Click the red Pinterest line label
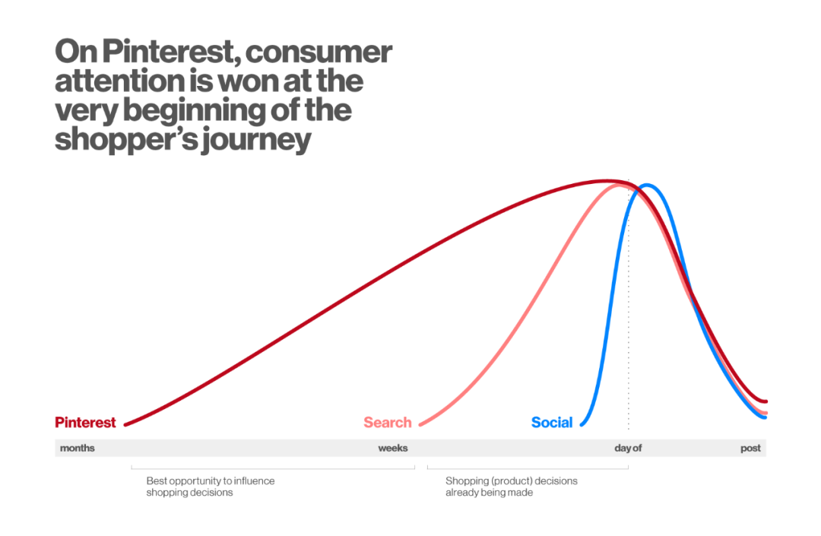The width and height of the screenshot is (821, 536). [x=85, y=423]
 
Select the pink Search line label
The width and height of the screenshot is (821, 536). [x=388, y=423]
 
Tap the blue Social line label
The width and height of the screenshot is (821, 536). [x=552, y=423]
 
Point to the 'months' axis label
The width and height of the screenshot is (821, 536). [x=78, y=448]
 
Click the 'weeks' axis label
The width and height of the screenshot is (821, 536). [x=393, y=448]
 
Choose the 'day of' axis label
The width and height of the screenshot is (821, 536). [x=628, y=448]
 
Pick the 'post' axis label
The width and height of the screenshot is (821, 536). [x=750, y=449]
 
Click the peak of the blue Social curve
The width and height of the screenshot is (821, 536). [x=647, y=185]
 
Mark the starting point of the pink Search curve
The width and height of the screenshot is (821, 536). [x=420, y=424]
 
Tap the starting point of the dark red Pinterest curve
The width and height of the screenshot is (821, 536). [x=125, y=424]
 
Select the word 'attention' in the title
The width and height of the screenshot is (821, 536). [x=119, y=81]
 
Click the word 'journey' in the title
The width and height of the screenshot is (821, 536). [x=256, y=141]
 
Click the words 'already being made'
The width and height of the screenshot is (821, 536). [x=489, y=493]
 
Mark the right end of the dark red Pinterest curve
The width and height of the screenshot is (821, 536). [x=766, y=401]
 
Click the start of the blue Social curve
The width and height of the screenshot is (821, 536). [x=582, y=424]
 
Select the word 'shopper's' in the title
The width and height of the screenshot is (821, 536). [x=125, y=141]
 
